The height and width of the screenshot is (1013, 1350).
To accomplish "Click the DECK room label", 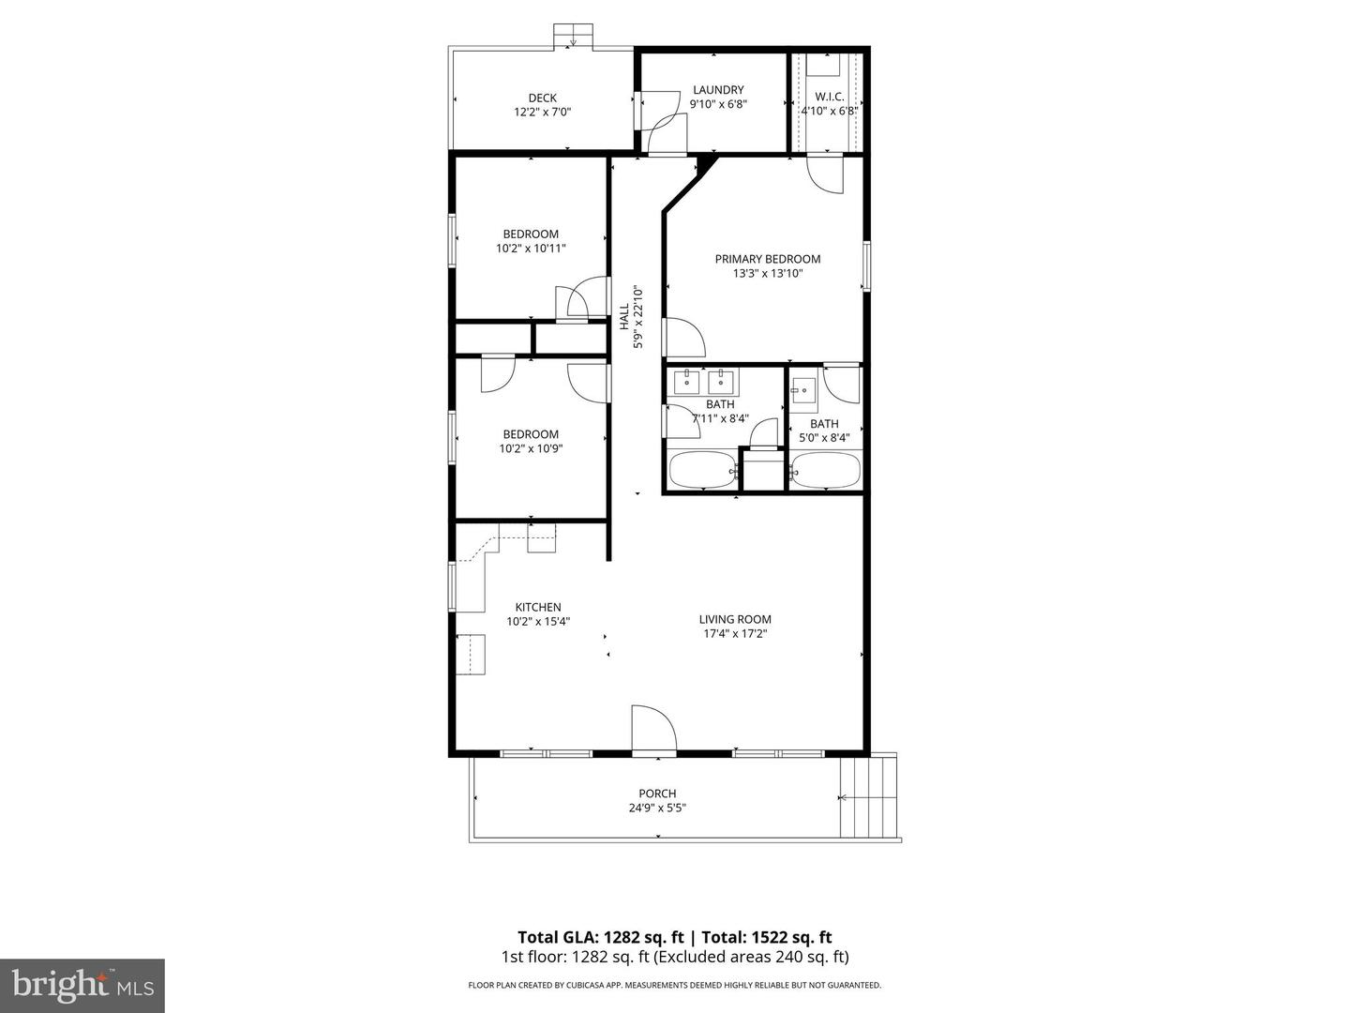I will (x=542, y=98).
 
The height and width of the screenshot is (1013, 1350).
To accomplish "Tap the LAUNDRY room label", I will (x=718, y=90).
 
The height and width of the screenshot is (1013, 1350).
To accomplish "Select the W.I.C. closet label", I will (x=829, y=97).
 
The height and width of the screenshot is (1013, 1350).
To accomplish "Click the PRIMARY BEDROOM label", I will (x=767, y=259).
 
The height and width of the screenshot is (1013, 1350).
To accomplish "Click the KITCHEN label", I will (x=538, y=607).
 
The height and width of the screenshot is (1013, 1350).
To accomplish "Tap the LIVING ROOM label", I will (x=735, y=619).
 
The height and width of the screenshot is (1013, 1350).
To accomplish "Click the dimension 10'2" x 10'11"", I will (x=531, y=249).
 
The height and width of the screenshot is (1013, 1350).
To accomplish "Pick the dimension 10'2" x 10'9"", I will (x=531, y=448).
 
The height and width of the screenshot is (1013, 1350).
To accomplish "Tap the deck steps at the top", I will (x=573, y=36).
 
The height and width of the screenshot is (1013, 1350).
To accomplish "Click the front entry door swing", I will (x=653, y=730).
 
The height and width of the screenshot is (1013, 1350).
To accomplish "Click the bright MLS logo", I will (x=82, y=985).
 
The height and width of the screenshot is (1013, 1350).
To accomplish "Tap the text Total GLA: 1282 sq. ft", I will (x=602, y=937).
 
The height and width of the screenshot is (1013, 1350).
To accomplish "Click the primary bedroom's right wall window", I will (x=867, y=265).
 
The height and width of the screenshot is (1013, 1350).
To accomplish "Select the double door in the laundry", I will (x=662, y=120).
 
